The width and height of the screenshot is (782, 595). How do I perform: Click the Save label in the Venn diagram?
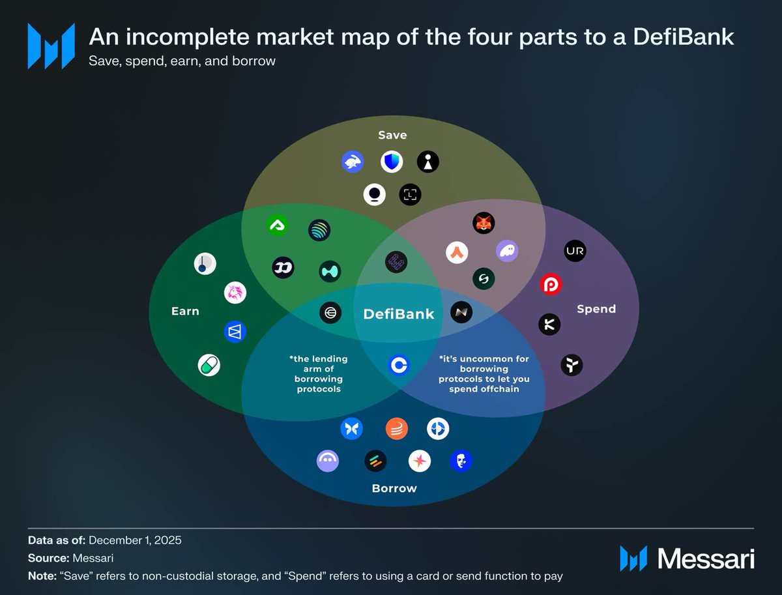(x=392, y=135)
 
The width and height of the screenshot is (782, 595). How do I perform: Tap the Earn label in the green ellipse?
(x=185, y=311)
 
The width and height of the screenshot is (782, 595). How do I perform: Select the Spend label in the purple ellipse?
(x=596, y=308)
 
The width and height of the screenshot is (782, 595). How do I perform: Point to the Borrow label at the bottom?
(x=394, y=487)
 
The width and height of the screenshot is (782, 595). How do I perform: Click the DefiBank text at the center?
(x=398, y=313)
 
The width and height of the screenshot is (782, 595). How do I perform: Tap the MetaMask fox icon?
(x=484, y=223)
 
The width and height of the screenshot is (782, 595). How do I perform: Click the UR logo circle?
(x=575, y=251)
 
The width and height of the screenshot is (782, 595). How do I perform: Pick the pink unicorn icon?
(x=235, y=293)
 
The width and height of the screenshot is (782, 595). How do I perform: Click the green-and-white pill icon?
(x=209, y=365)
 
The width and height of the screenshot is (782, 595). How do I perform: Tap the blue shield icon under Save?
(x=392, y=162)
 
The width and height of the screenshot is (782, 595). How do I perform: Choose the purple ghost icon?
(x=507, y=251)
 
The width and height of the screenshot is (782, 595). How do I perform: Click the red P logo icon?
(x=551, y=285)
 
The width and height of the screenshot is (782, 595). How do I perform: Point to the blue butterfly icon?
(x=351, y=428)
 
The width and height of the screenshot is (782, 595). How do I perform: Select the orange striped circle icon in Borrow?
(x=396, y=428)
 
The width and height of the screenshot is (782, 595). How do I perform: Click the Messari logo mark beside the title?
(x=51, y=46)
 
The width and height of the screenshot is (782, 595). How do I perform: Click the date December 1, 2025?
(x=135, y=540)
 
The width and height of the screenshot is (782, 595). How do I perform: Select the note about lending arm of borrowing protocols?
(x=318, y=373)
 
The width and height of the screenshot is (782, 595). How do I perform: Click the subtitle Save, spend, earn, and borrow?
(x=182, y=61)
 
